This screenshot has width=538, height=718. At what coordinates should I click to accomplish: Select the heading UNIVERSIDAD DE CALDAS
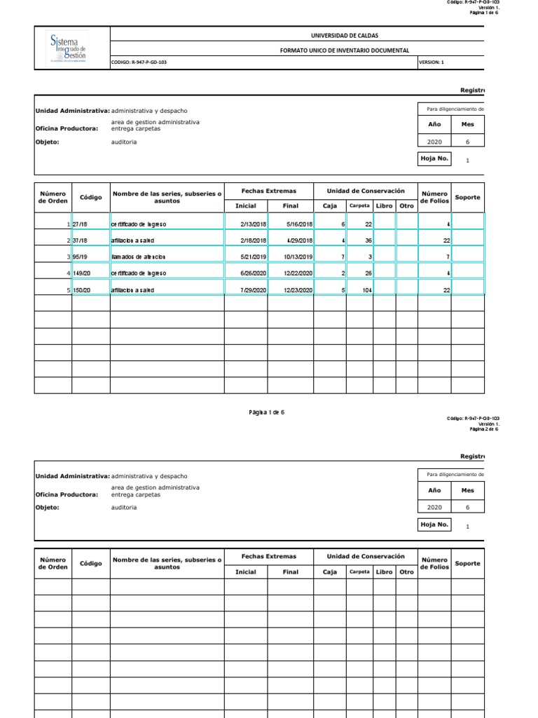pos(344,35)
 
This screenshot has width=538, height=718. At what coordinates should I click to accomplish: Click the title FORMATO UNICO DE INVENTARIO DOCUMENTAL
pos(344,50)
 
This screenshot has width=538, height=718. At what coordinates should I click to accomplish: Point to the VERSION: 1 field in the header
pos(431,62)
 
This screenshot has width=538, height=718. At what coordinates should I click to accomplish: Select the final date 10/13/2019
pos(298,257)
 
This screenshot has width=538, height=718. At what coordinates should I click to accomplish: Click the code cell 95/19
pos(81,257)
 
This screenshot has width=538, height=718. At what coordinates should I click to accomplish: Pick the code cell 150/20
pos(82,290)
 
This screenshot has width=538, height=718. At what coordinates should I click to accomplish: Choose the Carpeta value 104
pos(366,290)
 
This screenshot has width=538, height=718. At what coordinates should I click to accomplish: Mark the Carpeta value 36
pos(367,241)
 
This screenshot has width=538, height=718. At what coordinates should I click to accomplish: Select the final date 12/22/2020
pos(298,273)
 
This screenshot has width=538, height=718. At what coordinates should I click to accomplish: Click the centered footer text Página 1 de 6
pos(266,412)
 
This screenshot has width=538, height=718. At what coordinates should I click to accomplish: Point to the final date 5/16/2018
pos(300,224)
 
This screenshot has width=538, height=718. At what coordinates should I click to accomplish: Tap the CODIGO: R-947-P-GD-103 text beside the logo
pos(139,62)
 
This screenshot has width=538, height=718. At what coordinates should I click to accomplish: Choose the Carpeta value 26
pos(367,273)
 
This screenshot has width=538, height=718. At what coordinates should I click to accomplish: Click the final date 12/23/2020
pos(298,290)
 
